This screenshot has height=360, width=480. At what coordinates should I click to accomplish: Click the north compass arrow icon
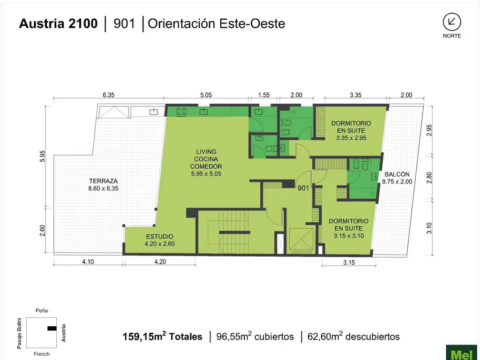click(x=452, y=22)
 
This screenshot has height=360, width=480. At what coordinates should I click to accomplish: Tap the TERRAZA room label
click(x=104, y=181)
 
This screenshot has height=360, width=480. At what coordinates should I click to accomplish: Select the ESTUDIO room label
click(x=159, y=236)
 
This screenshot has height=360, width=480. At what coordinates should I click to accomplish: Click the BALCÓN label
click(x=397, y=174)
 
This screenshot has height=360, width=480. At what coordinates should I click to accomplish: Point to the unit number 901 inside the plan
click(x=303, y=188)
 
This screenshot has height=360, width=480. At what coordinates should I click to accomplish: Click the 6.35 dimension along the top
click(x=108, y=95)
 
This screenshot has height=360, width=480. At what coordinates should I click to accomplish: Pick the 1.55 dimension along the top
click(x=264, y=95)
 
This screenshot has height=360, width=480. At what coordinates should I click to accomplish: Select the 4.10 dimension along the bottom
click(x=88, y=262)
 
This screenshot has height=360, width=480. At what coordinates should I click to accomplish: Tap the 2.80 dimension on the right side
click(x=429, y=178)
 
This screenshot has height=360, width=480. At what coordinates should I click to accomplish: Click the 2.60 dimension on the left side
click(x=42, y=231)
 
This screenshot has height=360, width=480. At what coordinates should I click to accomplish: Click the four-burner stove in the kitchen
click(x=181, y=112)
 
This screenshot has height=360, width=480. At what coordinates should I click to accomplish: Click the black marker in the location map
click(x=52, y=329)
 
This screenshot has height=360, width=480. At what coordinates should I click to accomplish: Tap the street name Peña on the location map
click(x=42, y=310)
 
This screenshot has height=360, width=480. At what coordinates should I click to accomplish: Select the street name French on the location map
click(x=42, y=354)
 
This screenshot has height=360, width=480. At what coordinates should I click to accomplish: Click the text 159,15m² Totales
click(x=162, y=337)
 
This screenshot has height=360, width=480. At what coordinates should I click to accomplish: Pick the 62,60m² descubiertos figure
click(x=353, y=337)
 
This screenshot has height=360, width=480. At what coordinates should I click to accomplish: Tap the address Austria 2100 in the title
click(x=58, y=23)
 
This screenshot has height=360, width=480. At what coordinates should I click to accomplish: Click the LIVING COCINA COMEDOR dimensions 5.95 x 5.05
click(x=206, y=174)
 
